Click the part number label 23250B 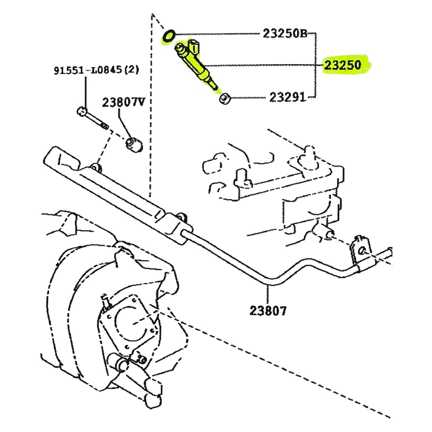285,33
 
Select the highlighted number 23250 342,65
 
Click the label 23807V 124,102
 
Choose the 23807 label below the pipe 268,311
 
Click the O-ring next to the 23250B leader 169,35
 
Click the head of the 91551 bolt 81,111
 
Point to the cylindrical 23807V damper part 134,145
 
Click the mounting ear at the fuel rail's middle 95,168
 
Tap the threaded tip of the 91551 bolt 105,127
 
